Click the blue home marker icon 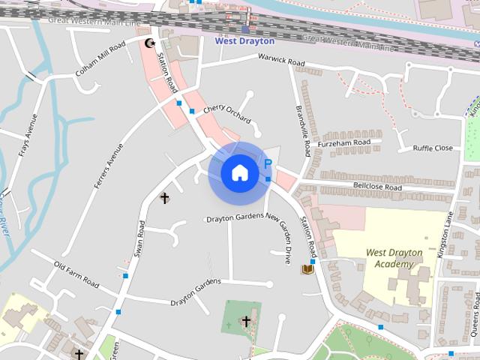click(239, 172)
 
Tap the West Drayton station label click(244, 41)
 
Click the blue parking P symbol click(265, 164)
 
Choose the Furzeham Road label click(343, 142)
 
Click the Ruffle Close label click(433, 148)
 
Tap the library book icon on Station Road click(307, 268)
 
